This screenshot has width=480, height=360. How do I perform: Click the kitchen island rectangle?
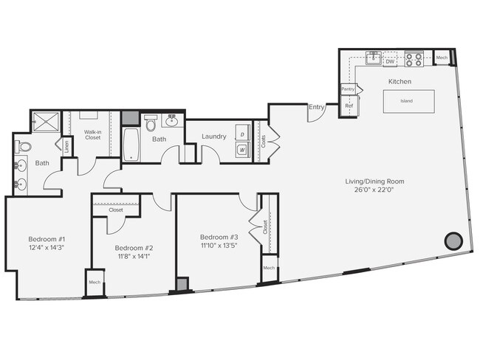(406, 101)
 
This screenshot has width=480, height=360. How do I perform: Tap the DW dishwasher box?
(389, 62)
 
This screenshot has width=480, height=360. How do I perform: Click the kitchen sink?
(374, 55)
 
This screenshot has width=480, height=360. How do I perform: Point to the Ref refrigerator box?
(349, 106)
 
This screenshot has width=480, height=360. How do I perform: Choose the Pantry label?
(348, 89)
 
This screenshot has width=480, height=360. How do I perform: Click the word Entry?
(316, 107)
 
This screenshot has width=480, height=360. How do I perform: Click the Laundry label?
(213, 136)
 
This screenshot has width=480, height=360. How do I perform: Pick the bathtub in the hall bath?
(131, 145)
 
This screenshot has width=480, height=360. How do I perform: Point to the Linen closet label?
(66, 145)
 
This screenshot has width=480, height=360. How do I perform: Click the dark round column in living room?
(452, 240)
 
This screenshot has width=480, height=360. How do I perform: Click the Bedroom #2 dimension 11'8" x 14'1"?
(134, 257)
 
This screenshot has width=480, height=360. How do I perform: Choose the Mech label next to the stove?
(442, 58)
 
